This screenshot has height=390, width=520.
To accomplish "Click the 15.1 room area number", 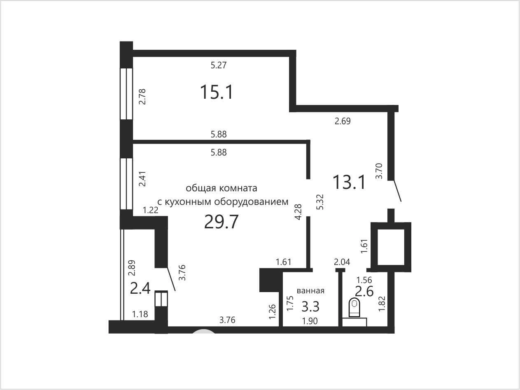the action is pos(217,92).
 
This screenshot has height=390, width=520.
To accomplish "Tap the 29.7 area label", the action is pos(221,222).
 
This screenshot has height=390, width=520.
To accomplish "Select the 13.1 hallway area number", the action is pos(350,182).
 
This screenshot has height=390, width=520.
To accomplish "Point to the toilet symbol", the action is pos(354,307).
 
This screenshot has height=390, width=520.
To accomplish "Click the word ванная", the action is pos(310,290).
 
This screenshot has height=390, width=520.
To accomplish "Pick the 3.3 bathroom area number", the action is pos(310,306).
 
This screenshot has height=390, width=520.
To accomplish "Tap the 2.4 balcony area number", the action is pos(140,289).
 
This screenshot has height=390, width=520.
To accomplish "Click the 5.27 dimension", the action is pos(219,65).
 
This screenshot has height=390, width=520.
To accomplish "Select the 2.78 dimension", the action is pos(142,97).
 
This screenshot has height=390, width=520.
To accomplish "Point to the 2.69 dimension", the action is pos(343,121).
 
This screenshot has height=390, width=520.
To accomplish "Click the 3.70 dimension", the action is pos(379,171).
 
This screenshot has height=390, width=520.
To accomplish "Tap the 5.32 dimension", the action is pos(320,202).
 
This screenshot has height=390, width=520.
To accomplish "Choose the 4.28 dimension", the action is pos(298,212).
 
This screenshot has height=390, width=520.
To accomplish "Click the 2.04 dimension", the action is pos(342,262).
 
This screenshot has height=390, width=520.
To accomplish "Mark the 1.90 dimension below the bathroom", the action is pos(310,321).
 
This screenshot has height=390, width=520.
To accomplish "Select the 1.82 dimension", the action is pos(382,304).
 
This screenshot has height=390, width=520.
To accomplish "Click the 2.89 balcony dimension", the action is pos(131,268).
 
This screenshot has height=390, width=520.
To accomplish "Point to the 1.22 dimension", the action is pos(150,210).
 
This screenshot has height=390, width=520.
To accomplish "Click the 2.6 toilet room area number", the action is pos(364,291).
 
